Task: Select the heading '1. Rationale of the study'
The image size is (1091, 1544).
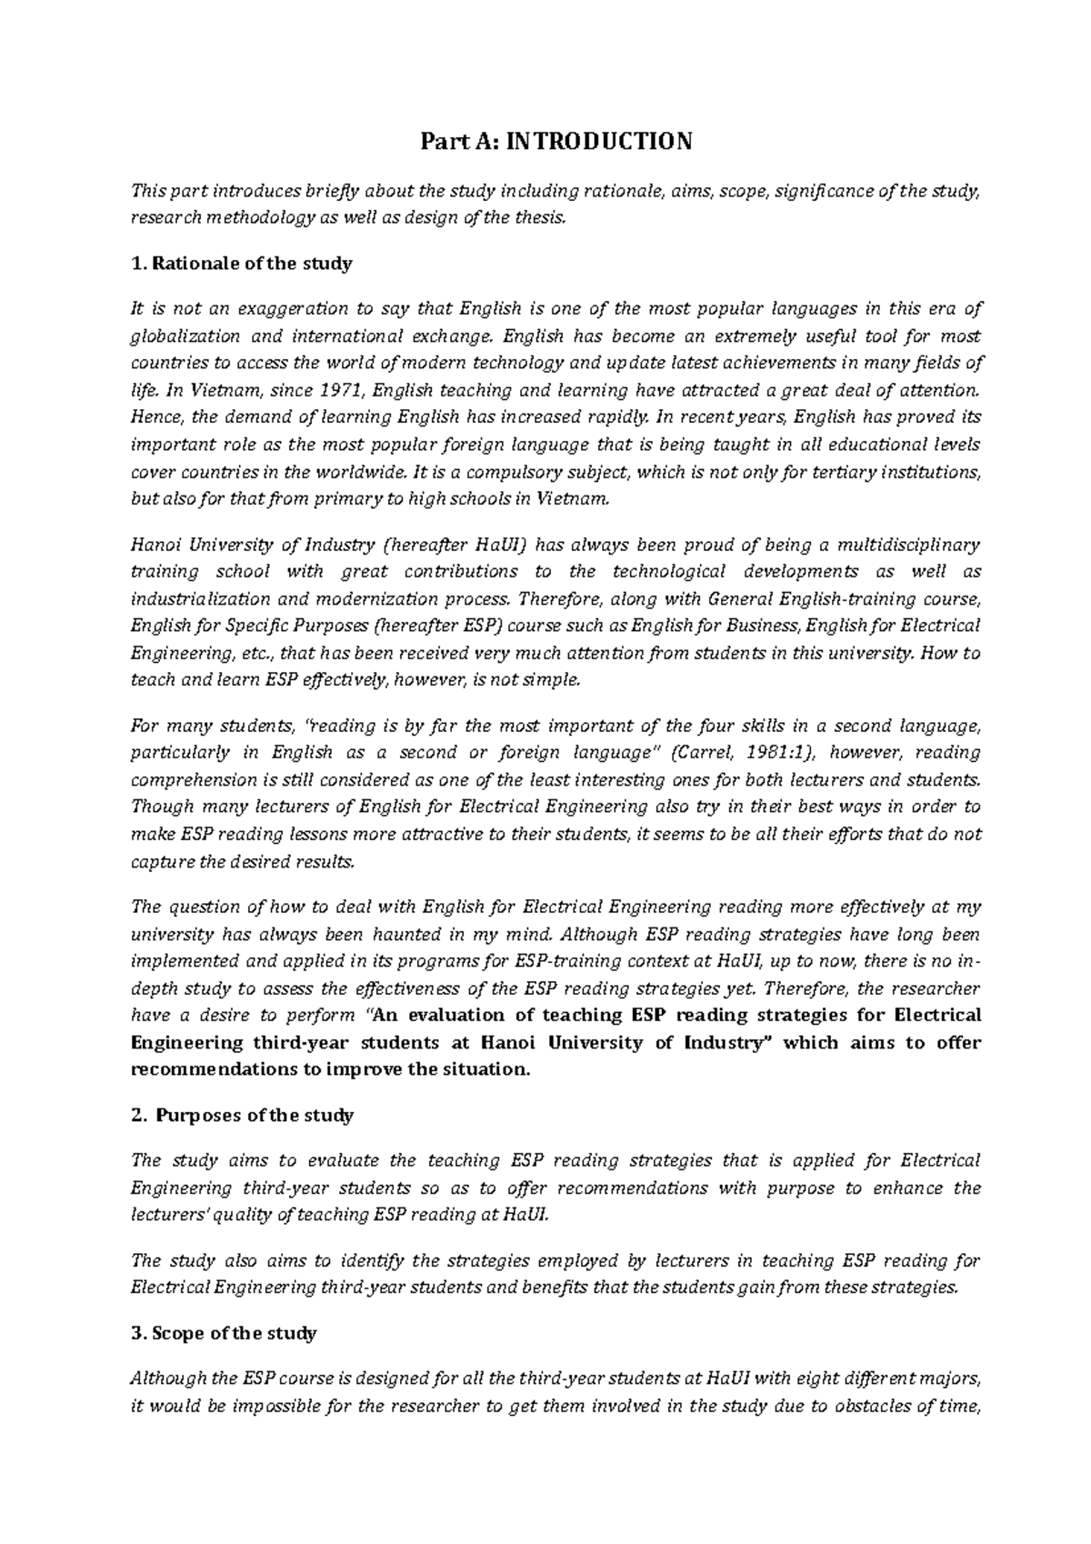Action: click(x=241, y=264)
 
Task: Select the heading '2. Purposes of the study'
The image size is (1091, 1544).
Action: click(x=242, y=1115)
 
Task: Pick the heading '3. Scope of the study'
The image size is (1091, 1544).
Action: click(x=224, y=1333)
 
